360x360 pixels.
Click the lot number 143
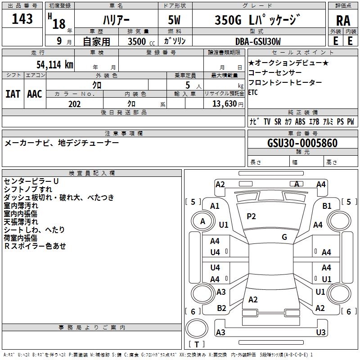coord(22,19)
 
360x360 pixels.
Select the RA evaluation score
coord(343,21)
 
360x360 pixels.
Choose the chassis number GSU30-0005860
coord(302,143)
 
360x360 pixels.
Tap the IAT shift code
coord(13,94)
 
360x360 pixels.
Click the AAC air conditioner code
coord(34,94)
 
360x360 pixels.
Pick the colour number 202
coord(74,104)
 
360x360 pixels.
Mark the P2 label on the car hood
coord(251,216)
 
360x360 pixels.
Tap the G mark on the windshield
coord(284,237)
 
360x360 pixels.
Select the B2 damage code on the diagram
coord(221,308)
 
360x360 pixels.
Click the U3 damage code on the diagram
coord(320,333)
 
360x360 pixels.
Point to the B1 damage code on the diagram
coord(327,206)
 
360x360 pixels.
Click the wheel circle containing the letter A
coord(202,221)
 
